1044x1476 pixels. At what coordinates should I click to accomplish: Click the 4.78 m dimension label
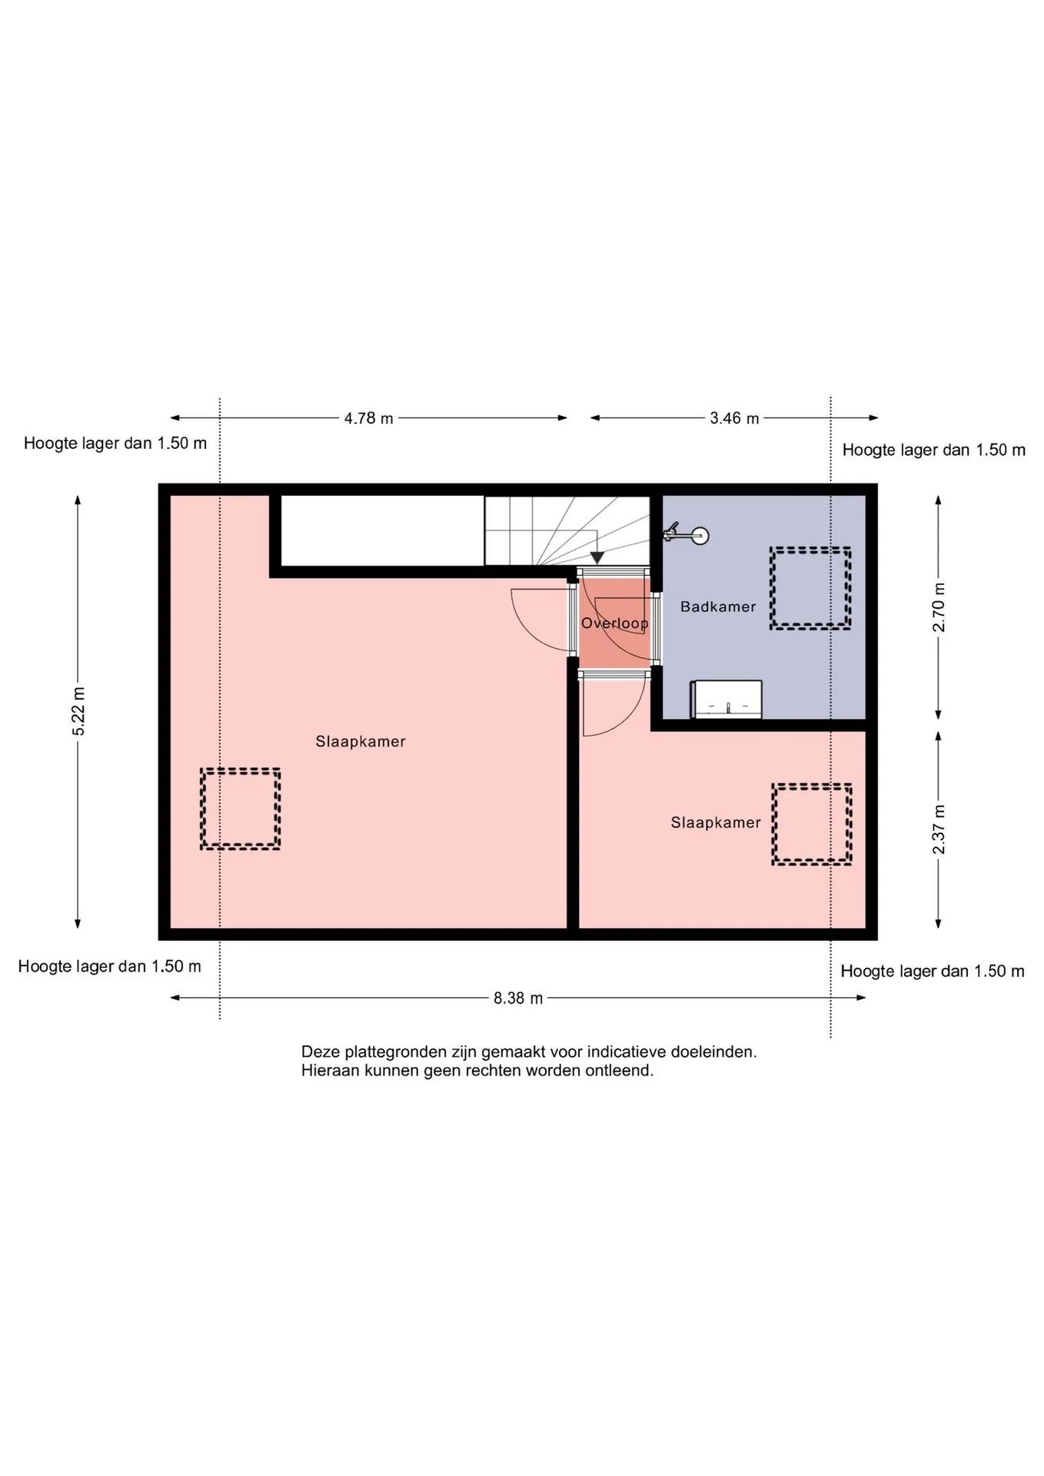tap(368, 418)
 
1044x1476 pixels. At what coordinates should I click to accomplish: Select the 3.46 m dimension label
tap(734, 418)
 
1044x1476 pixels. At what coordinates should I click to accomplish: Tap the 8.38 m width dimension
tap(518, 998)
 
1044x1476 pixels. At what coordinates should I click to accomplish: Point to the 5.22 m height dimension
tap(78, 711)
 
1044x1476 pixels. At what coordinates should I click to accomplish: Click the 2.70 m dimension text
tap(939, 607)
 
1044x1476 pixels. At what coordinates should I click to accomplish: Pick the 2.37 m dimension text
tap(939, 829)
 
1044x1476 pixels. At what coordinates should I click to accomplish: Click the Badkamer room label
tap(718, 607)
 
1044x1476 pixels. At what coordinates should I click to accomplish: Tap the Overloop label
tap(614, 623)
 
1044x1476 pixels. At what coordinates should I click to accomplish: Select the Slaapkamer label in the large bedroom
tap(361, 742)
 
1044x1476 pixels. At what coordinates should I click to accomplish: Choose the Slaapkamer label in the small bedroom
tap(716, 823)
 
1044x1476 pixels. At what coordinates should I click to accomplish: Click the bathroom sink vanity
tap(726, 699)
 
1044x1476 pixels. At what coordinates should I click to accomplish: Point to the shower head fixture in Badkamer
tap(687, 534)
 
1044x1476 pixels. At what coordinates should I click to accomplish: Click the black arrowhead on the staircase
tap(597, 558)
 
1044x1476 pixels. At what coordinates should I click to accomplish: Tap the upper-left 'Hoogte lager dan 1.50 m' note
tap(115, 444)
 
